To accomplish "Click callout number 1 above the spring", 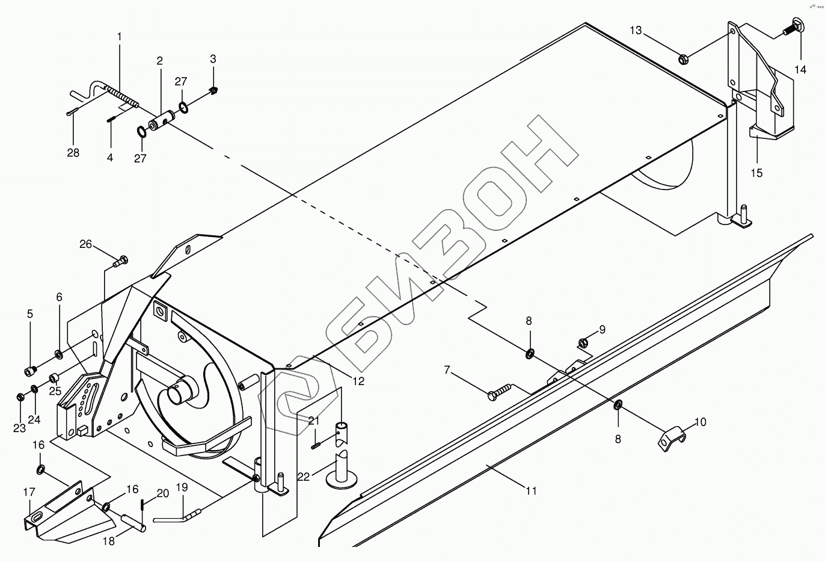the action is click(x=119, y=37).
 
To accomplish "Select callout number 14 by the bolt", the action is click(x=800, y=70).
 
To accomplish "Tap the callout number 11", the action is click(x=530, y=491).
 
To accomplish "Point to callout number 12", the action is click(x=358, y=381).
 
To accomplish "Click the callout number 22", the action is click(x=304, y=477).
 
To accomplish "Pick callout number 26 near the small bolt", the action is click(x=86, y=244).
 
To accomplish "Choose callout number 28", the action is click(x=73, y=153).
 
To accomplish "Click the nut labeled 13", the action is click(x=684, y=58).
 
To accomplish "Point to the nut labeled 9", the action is click(x=583, y=343).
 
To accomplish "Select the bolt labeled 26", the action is click(x=120, y=261).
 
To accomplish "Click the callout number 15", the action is click(x=756, y=173).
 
